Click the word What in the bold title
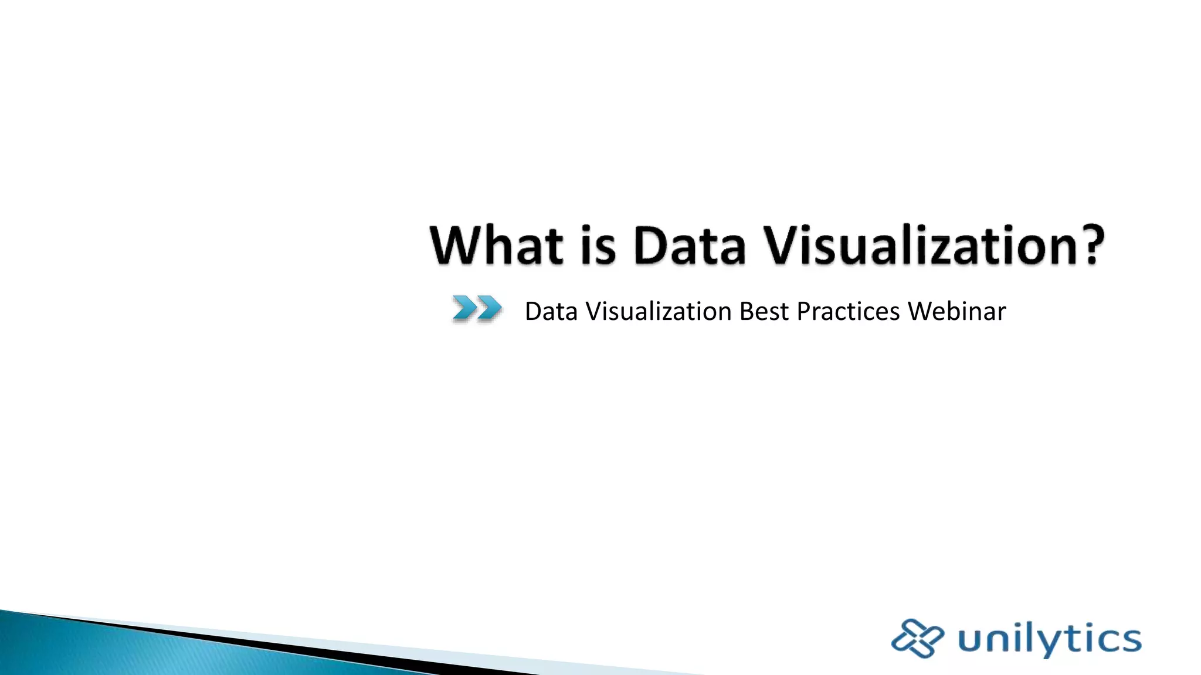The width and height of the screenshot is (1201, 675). coord(496,245)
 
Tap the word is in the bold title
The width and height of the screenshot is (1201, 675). coord(598,245)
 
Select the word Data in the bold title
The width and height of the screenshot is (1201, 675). coord(689,245)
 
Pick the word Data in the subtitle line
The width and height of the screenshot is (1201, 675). coord(551,311)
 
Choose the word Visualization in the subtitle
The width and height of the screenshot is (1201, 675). coord(659,311)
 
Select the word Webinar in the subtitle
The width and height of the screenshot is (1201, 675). coord(957,311)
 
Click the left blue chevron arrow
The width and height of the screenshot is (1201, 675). coord(464,308)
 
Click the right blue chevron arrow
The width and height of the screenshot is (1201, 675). coord(490,308)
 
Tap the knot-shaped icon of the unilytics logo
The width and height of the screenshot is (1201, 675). coord(917,638)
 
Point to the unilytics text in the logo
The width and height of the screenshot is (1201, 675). coord(1050,639)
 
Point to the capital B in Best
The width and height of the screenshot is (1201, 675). coord(748,311)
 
